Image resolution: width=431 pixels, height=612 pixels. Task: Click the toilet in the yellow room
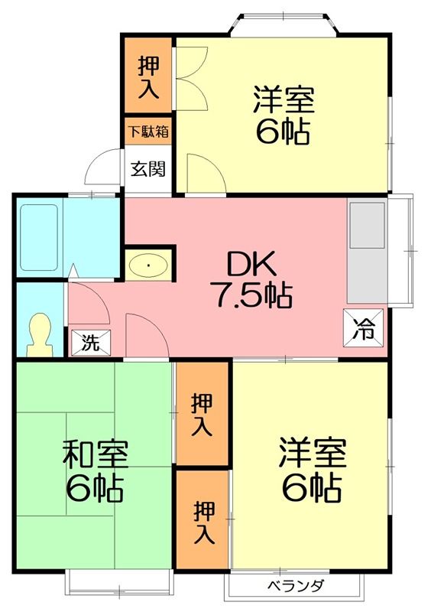pos(38,334)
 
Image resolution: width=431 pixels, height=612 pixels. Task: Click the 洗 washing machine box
pos(90,343)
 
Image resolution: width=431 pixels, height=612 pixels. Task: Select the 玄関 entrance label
pos(147,169)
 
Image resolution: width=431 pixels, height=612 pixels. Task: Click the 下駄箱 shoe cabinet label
pos(148,131)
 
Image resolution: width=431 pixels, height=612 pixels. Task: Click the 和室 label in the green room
pos(95,454)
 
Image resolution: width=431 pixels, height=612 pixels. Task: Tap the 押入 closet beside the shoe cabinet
pos(148,76)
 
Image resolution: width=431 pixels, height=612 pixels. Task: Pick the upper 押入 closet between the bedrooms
pos(203,414)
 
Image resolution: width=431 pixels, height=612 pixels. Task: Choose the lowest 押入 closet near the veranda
pos(203,521)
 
